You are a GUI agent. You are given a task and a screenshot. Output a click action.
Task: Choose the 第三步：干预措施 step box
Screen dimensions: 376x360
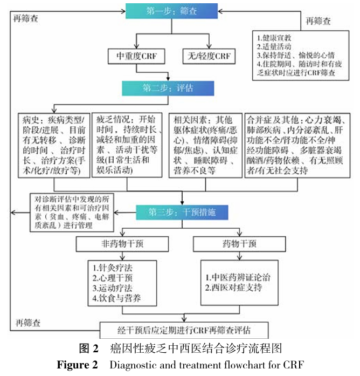[182, 211]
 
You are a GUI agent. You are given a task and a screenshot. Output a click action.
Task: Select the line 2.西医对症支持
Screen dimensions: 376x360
[233, 288]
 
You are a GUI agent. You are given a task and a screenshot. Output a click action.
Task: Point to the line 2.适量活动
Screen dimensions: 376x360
[275, 46]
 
